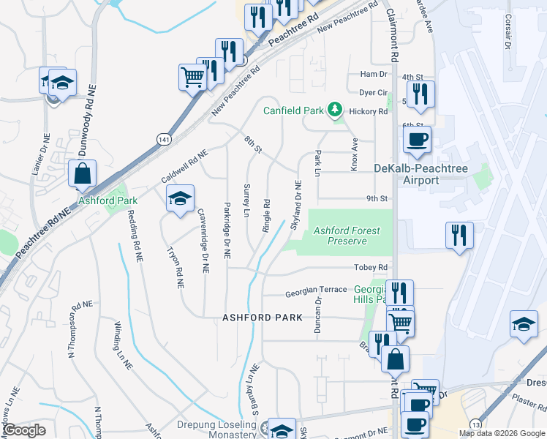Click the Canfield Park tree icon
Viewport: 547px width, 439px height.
(336, 110)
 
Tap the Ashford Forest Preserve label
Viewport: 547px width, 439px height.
(347, 236)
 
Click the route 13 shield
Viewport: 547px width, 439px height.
(476, 424)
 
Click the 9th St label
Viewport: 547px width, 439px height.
(376, 198)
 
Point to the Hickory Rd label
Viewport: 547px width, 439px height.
(368, 111)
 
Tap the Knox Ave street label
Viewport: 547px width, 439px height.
(354, 154)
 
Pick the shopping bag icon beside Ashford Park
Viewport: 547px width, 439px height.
(82, 174)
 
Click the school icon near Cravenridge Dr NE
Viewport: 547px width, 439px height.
(180, 198)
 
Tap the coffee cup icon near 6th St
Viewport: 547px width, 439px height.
(417, 139)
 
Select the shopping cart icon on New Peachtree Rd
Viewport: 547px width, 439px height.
(192, 75)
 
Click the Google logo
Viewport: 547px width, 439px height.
(24, 430)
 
